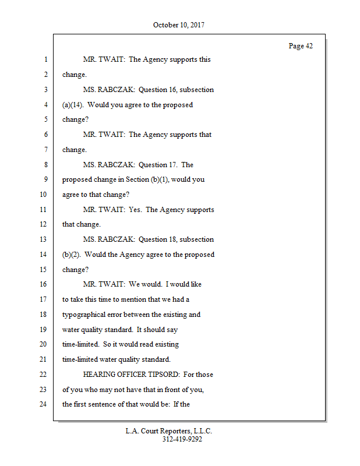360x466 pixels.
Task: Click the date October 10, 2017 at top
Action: (179, 25)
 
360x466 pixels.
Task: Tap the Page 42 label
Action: (301, 46)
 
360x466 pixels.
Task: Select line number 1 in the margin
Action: (45, 59)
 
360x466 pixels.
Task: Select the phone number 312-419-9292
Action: (182, 440)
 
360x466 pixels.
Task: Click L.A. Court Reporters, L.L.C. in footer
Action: (169, 432)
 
